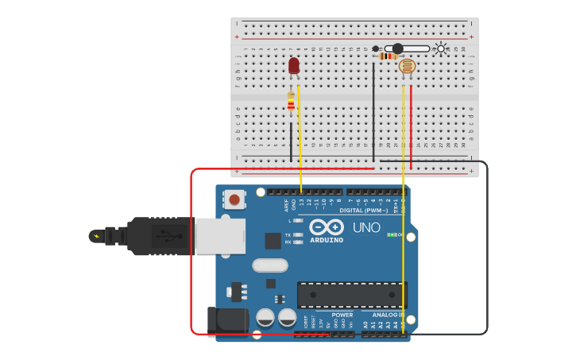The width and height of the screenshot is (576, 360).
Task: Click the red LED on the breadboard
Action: (x=294, y=66)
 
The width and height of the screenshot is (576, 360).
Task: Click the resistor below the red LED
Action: (x=291, y=101)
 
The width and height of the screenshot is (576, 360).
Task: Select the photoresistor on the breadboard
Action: (x=407, y=67)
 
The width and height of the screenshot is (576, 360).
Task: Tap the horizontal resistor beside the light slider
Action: (x=388, y=56)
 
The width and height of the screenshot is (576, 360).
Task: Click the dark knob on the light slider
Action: (x=398, y=48)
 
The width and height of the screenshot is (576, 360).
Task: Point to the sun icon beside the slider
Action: (x=441, y=48)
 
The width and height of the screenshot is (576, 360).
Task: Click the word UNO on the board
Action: (x=366, y=227)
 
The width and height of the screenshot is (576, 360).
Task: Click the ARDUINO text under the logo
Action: (x=327, y=240)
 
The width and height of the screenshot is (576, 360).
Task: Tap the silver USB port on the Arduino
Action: (x=220, y=236)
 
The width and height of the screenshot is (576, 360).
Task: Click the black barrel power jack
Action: (x=227, y=320)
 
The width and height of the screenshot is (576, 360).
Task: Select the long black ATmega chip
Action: (x=352, y=295)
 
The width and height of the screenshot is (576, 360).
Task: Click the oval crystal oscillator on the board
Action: (x=270, y=265)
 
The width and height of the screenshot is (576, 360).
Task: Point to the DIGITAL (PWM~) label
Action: (x=362, y=211)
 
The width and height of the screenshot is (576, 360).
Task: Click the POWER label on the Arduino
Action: (x=342, y=315)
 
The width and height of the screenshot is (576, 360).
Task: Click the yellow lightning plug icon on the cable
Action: (x=97, y=236)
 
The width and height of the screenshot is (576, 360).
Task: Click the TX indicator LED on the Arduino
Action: (x=297, y=234)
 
